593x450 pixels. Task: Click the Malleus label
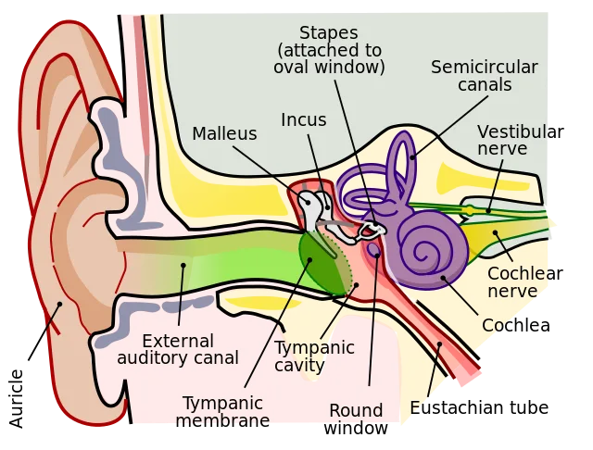[x=224, y=134]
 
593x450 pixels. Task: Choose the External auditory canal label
[x=178, y=349]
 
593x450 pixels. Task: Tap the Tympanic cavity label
[x=314, y=356]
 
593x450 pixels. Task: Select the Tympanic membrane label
[x=222, y=412]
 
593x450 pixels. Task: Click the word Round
[x=355, y=411]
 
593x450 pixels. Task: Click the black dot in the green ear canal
[x=183, y=265]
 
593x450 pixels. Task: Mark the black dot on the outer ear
[x=60, y=303]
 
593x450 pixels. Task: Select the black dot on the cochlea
[x=443, y=277]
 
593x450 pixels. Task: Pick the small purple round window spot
[x=373, y=249]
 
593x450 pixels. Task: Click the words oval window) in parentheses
[x=329, y=68]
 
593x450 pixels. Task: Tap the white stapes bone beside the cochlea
[x=372, y=224]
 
